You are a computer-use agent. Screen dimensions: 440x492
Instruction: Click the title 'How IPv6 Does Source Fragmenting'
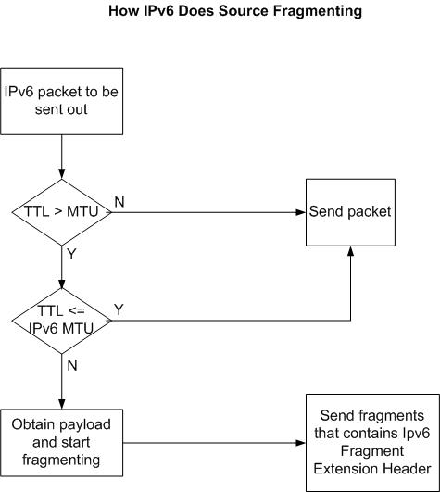[235, 12]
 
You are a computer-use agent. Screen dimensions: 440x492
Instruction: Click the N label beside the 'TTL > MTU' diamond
[119, 202]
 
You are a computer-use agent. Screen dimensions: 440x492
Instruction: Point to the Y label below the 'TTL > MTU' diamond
[71, 254]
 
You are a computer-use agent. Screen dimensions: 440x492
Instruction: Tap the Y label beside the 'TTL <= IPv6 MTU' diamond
[119, 309]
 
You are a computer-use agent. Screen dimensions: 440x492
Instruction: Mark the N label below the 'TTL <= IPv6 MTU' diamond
[72, 365]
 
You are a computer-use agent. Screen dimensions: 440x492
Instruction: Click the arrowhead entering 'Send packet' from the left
[301, 212]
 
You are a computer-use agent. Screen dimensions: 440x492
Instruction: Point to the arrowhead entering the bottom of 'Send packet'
[351, 251]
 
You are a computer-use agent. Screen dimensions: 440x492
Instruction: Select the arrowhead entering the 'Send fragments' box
[301, 443]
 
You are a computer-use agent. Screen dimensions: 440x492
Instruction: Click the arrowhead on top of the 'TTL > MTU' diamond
[62, 174]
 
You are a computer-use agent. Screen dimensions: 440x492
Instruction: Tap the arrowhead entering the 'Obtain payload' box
[62, 404]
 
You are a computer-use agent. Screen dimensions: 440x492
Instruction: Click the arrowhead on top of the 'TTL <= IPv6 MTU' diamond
[62, 283]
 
